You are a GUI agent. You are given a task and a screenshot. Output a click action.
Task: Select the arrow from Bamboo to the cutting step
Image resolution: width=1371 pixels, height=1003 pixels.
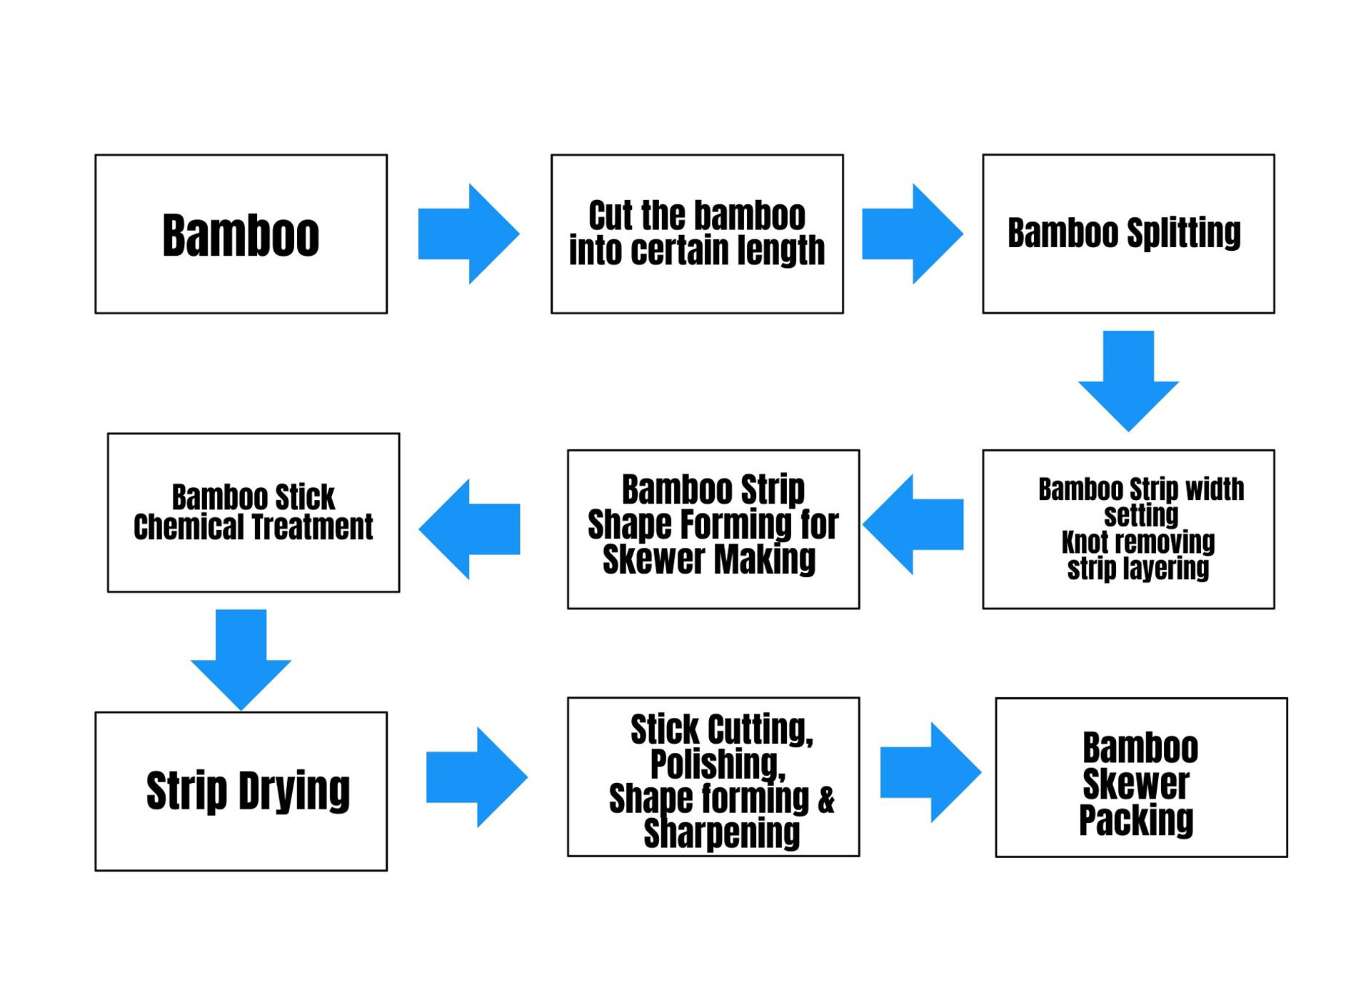click(468, 234)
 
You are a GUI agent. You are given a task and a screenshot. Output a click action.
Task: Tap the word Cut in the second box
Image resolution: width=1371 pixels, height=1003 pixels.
click(611, 215)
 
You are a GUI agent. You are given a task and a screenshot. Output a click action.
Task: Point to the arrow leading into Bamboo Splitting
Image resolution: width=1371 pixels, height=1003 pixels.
click(913, 234)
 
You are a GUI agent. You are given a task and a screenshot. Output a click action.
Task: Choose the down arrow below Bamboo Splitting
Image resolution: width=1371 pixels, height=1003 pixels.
click(1128, 381)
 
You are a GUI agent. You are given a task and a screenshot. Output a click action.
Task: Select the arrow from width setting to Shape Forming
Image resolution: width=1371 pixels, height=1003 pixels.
click(913, 524)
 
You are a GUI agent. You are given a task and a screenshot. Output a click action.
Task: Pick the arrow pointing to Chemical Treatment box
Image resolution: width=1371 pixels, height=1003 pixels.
click(469, 529)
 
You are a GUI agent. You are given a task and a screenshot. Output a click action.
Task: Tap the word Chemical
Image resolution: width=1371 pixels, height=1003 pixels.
click(189, 527)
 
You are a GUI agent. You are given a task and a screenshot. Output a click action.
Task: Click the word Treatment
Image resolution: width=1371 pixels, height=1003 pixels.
click(313, 527)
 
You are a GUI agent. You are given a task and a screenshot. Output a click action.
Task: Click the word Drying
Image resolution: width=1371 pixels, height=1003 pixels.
click(294, 792)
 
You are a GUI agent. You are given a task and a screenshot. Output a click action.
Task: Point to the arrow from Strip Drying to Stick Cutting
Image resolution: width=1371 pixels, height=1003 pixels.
click(477, 777)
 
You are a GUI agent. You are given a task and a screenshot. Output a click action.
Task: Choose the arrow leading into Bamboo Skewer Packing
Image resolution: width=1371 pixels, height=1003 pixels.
click(931, 772)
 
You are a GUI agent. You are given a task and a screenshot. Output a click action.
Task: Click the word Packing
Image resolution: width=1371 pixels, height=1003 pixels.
click(1136, 820)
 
